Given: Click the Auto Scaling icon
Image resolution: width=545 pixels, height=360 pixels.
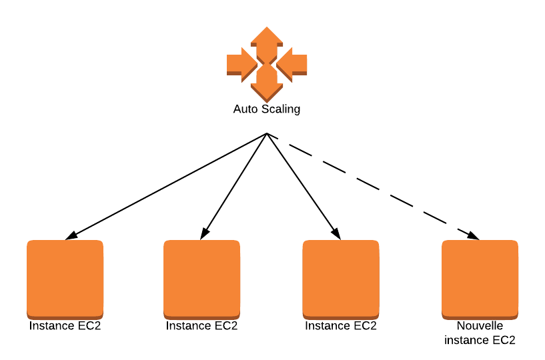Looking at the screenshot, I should click(x=267, y=64).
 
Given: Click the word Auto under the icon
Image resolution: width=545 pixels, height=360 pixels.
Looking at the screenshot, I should click(x=244, y=109).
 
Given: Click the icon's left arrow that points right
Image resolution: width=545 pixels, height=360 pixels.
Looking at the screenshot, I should click(x=240, y=64).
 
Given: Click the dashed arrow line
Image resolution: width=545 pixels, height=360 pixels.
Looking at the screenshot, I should click(x=374, y=187).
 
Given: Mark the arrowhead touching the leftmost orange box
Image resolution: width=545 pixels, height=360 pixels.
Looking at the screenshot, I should click(x=71, y=235).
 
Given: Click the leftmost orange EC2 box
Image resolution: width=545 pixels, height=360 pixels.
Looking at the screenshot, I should click(x=65, y=279).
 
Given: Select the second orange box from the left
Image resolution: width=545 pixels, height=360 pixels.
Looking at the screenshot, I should click(x=201, y=279).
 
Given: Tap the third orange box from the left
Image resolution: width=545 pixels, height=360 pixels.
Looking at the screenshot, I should click(x=340, y=279).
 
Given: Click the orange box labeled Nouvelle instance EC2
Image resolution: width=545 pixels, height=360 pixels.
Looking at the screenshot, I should click(x=480, y=279).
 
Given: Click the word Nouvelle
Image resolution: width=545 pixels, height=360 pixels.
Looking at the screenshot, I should click(x=480, y=327).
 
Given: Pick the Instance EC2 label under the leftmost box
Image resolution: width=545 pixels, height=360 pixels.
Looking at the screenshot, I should click(x=65, y=327).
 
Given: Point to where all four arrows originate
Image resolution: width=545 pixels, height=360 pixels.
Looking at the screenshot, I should click(x=267, y=133).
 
